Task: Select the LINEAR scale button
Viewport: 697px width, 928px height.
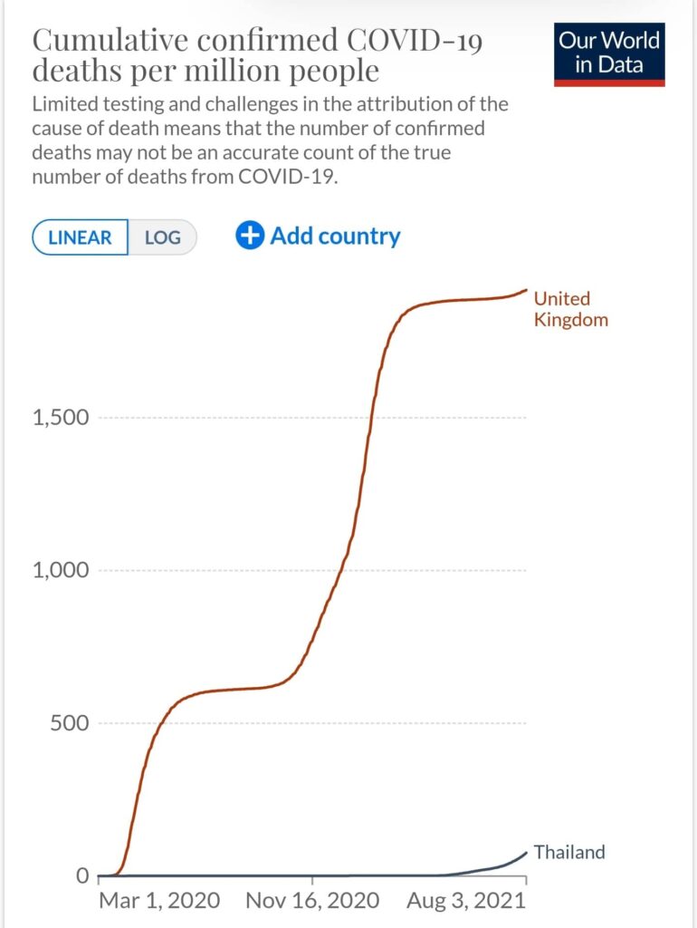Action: pyautogui.click(x=80, y=237)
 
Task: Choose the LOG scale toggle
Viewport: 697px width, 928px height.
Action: pyautogui.click(x=163, y=237)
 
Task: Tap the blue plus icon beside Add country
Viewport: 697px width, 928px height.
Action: pyautogui.click(x=249, y=237)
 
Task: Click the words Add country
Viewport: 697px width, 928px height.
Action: pyautogui.click(x=335, y=237)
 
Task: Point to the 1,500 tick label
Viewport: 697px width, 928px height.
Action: pyautogui.click(x=61, y=418)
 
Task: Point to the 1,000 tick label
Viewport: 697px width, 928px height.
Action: pyautogui.click(x=61, y=571)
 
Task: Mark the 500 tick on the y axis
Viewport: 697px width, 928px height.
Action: pyautogui.click(x=69, y=723)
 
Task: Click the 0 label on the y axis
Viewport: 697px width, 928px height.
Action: pyautogui.click(x=81, y=876)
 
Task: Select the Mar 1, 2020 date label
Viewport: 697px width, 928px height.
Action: pyautogui.click(x=158, y=901)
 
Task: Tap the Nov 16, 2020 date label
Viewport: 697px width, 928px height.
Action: pyautogui.click(x=311, y=901)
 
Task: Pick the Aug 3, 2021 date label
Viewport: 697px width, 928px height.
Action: pyautogui.click(x=466, y=901)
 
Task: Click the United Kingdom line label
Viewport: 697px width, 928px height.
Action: pyautogui.click(x=570, y=309)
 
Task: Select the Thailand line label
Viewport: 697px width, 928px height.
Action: pyautogui.click(x=568, y=852)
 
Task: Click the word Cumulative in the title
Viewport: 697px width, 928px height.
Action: pyautogui.click(x=106, y=41)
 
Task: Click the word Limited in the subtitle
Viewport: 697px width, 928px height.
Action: pyautogui.click(x=64, y=104)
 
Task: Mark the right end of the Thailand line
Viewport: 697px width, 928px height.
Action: pyautogui.click(x=526, y=852)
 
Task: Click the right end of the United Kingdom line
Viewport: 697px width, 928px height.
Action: pyautogui.click(x=526, y=290)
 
